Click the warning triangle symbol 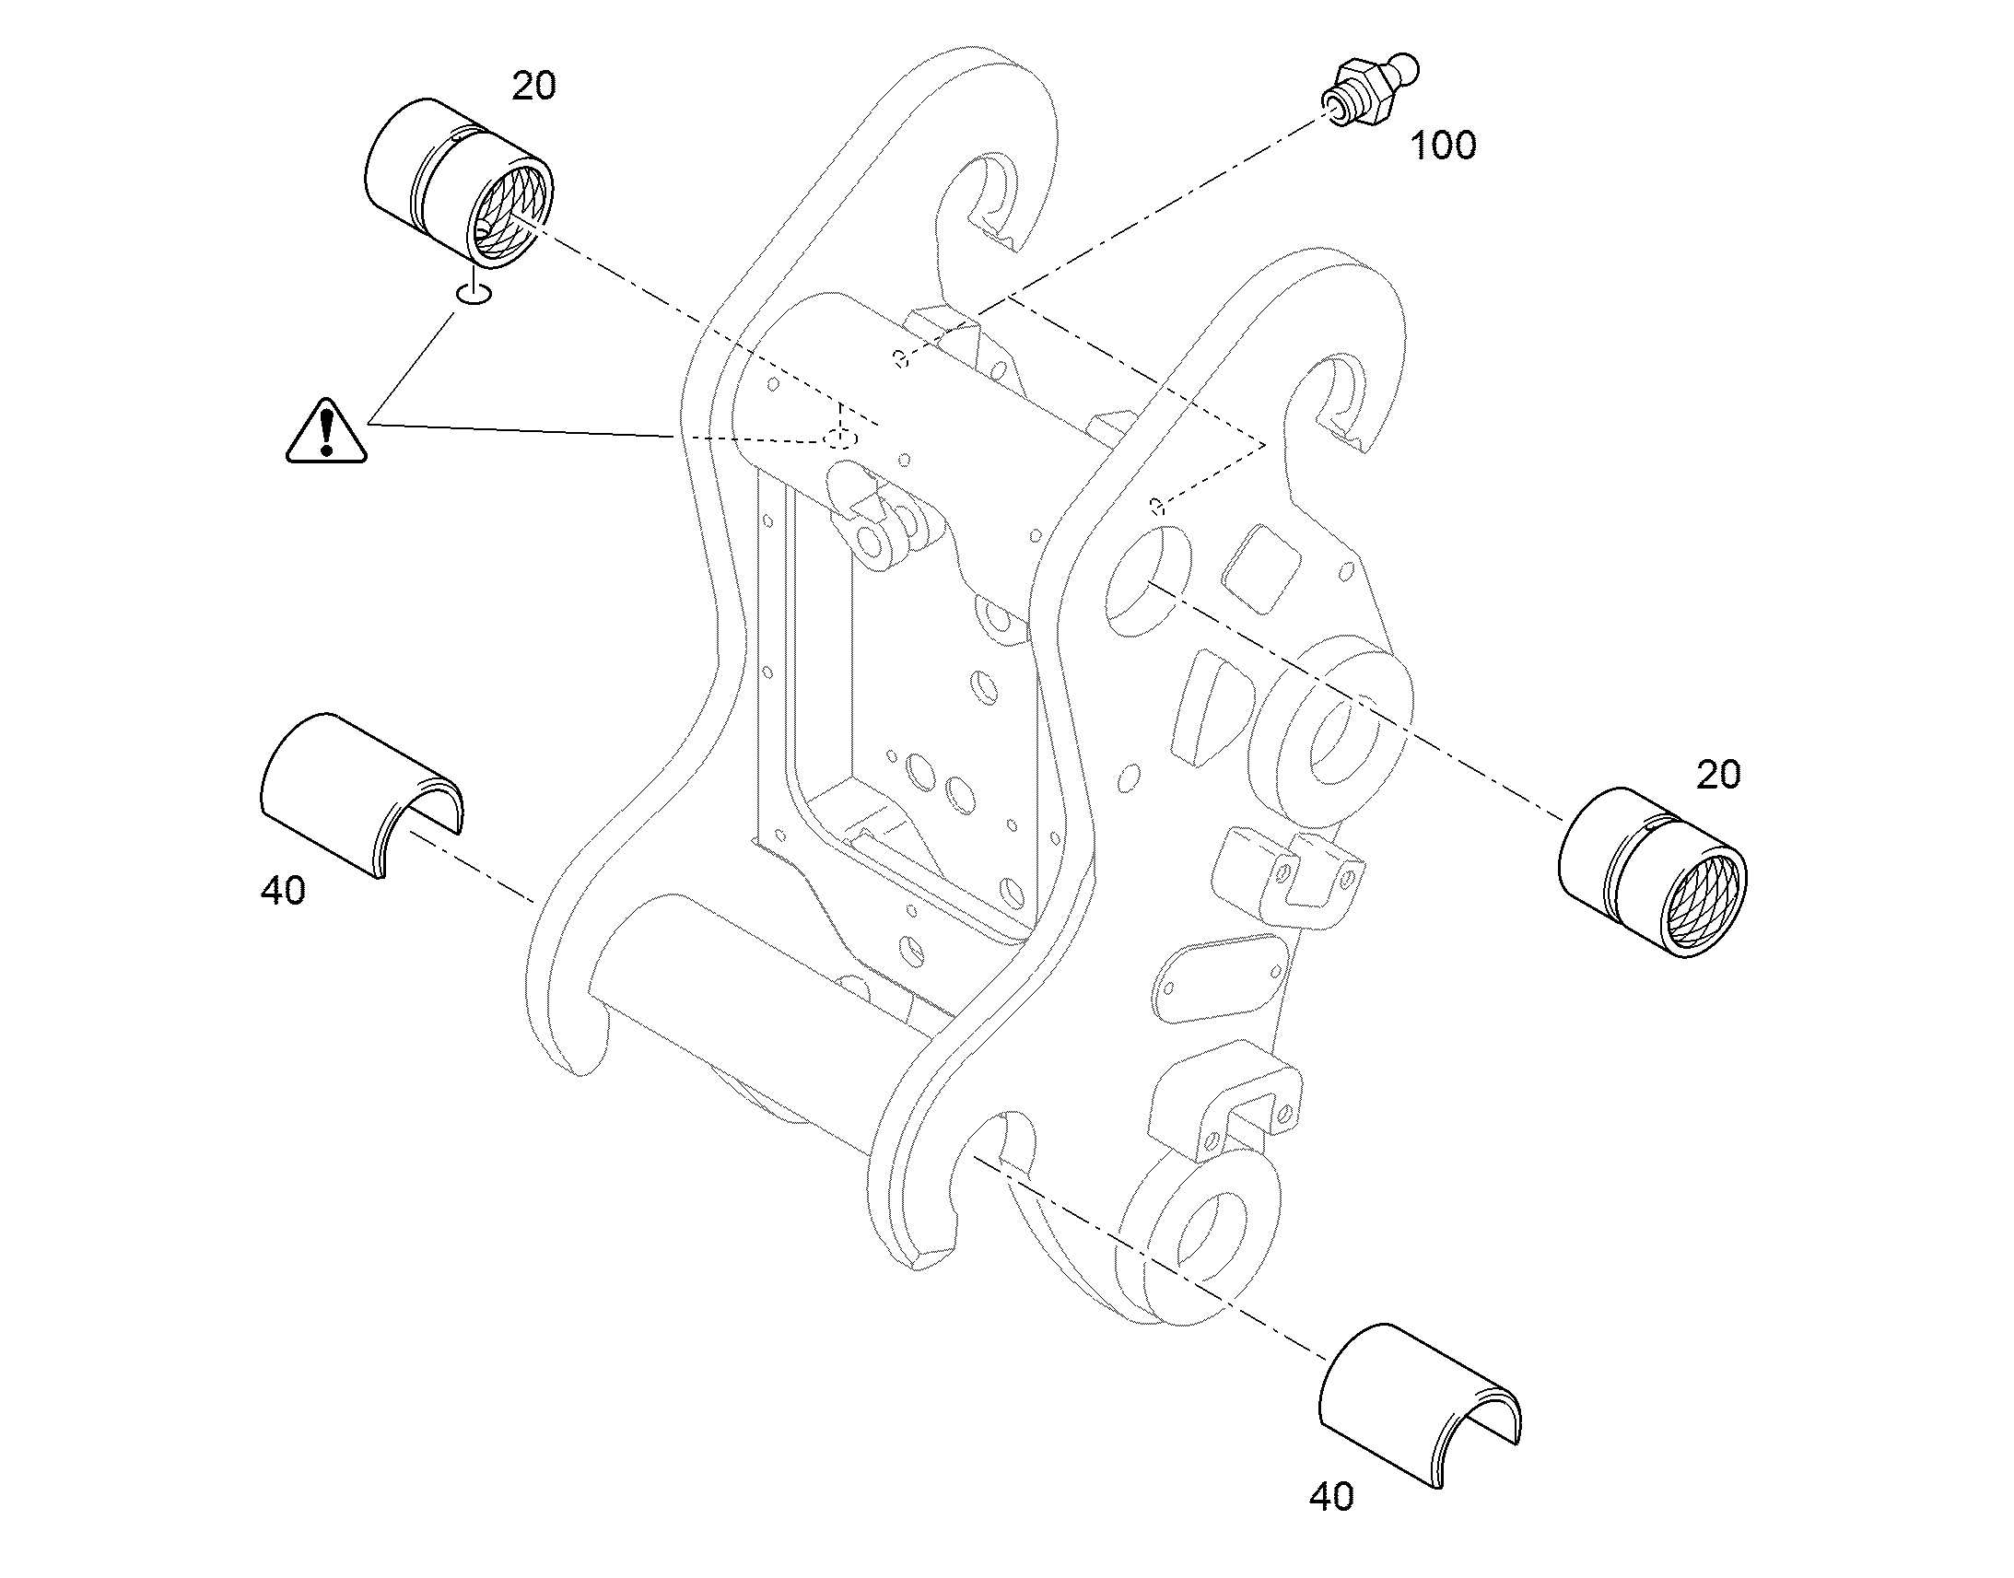point(326,431)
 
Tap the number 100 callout point(1443,146)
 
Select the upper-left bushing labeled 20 point(459,184)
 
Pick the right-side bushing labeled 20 point(1652,872)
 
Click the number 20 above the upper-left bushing point(534,86)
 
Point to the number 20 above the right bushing point(1718,775)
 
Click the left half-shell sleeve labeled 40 point(361,794)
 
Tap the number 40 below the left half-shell point(283,891)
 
